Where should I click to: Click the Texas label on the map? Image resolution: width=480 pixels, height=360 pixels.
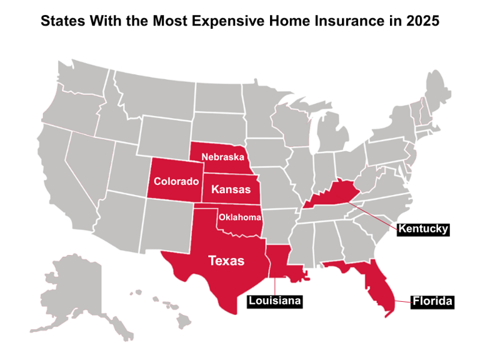226,260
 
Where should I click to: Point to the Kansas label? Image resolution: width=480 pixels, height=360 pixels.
231,189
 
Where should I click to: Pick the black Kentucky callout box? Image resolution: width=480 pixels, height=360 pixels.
423,229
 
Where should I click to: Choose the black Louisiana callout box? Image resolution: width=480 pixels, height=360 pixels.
274,301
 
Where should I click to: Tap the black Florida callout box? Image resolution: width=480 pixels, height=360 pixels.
432,302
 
